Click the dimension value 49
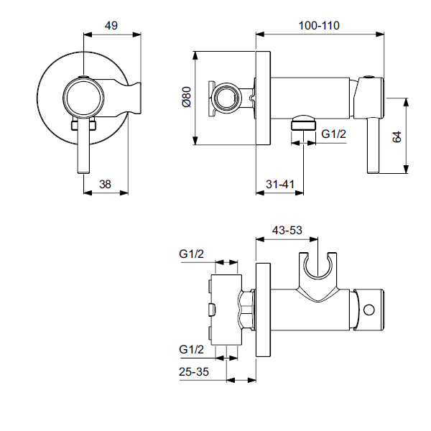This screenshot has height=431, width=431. point(111,25)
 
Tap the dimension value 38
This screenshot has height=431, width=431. point(105,184)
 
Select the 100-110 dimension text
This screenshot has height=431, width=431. point(320,25)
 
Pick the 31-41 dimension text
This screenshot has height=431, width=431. point(280,184)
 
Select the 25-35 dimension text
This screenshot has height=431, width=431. point(194,371)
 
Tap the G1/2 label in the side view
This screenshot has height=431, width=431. point(333,134)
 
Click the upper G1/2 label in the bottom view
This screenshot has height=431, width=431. point(193,253)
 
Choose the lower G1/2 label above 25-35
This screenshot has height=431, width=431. point(193,349)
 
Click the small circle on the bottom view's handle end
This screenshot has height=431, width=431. point(369,310)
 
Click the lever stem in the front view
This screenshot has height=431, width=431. point(84,147)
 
